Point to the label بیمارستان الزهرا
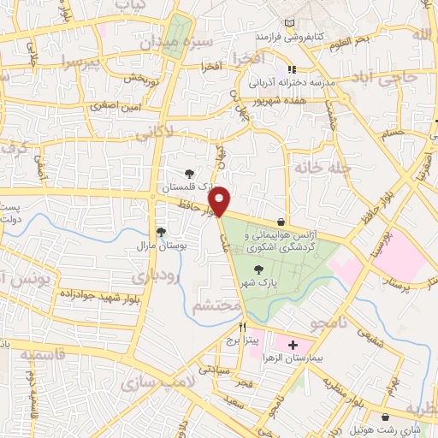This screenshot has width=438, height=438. pyautogui.click(x=289, y=358)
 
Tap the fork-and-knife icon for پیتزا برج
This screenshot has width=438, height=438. pyautogui.click(x=243, y=327)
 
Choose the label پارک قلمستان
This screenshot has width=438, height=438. pyautogui.click(x=186, y=185)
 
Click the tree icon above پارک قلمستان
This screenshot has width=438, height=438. pyautogui.click(x=189, y=171)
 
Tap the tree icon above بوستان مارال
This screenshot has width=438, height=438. pyautogui.click(x=161, y=231)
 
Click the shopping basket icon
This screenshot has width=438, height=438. pyautogui.click(x=281, y=221)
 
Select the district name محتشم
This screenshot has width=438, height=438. pyautogui.click(x=211, y=305)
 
